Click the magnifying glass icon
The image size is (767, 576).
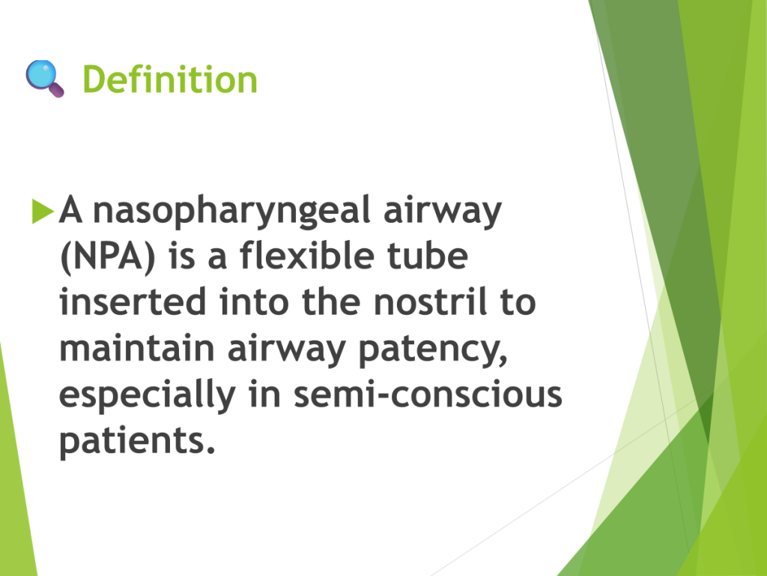click(44, 78)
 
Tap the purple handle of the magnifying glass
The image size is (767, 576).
click(56, 90)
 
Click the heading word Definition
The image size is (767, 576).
click(170, 79)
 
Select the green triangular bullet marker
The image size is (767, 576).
click(43, 211)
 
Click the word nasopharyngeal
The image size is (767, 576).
click(232, 211)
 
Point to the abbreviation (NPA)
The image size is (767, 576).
click(107, 256)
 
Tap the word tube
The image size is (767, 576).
click(428, 255)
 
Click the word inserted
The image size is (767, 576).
click(133, 301)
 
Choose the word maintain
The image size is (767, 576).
click(137, 348)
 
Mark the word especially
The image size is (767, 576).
click(148, 396)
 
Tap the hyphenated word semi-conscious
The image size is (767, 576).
click(428, 394)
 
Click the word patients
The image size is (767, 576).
click(138, 441)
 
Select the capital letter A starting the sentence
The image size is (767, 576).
click(70, 209)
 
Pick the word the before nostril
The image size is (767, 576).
click(331, 301)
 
